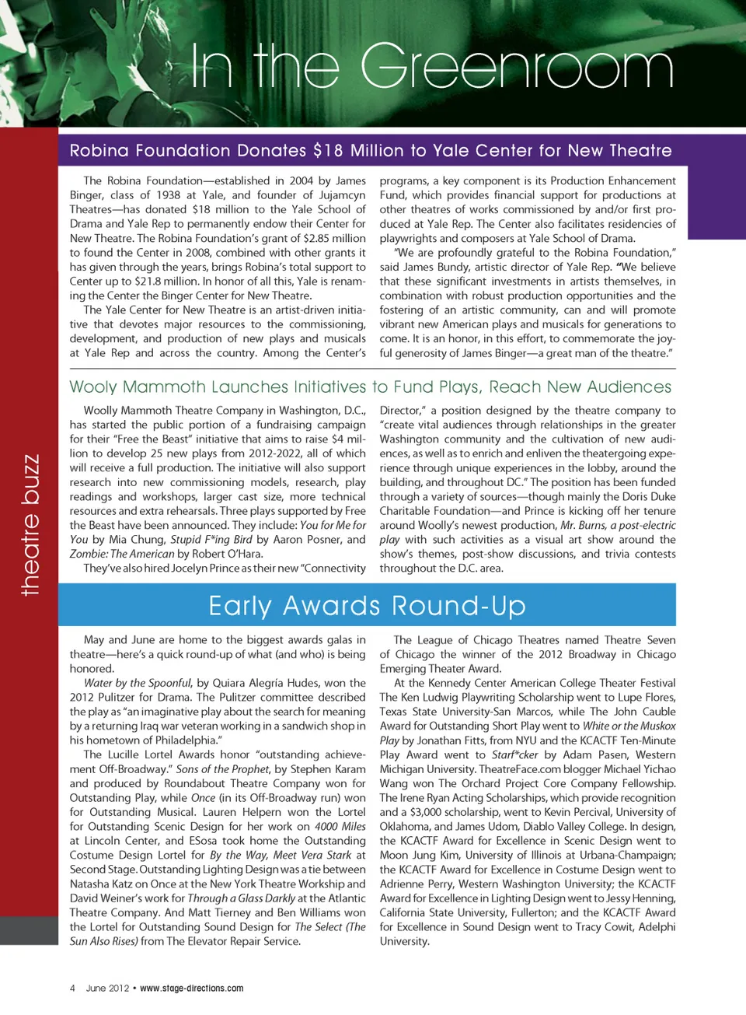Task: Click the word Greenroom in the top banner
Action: click(517, 68)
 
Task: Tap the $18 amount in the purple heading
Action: click(328, 151)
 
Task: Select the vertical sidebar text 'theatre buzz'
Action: click(30, 525)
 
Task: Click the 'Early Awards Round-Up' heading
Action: click(367, 606)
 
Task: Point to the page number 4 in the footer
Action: click(72, 989)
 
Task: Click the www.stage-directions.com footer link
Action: click(191, 989)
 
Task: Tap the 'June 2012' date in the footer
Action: click(107, 989)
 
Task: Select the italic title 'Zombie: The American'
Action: click(122, 554)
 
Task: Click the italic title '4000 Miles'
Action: click(340, 827)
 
